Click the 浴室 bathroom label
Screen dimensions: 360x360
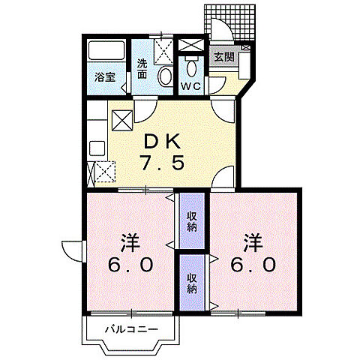pos(103,76)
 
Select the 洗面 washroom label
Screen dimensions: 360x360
pos(142,68)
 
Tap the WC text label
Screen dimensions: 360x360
pos(190,87)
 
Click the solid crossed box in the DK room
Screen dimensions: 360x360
pos(121,120)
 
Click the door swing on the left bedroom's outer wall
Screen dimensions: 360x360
pos(72,249)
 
